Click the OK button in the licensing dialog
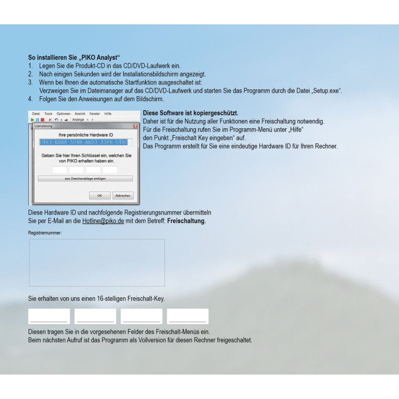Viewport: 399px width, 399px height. point(100,196)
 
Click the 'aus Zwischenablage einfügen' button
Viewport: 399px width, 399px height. point(85,178)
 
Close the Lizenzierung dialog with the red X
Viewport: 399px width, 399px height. point(135,126)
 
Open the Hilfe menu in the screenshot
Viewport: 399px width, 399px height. point(108,114)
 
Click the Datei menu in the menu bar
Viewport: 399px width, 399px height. point(36,114)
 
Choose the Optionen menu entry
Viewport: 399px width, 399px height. point(63,114)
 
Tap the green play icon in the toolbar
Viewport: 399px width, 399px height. point(33,120)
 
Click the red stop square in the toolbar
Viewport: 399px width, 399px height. point(43,120)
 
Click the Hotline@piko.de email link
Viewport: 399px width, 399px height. point(103,220)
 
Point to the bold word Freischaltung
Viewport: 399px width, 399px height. point(187,220)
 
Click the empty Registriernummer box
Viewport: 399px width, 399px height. point(97,262)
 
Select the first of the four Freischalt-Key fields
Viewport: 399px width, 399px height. point(49,316)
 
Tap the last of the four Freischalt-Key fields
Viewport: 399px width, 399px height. point(188,316)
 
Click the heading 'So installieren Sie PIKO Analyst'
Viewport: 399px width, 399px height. point(75,57)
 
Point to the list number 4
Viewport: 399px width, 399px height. point(30,99)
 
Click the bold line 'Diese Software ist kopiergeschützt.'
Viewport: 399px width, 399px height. point(191,113)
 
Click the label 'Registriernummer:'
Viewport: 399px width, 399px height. point(45,233)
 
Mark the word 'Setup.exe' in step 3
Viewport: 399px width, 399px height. point(327,90)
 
